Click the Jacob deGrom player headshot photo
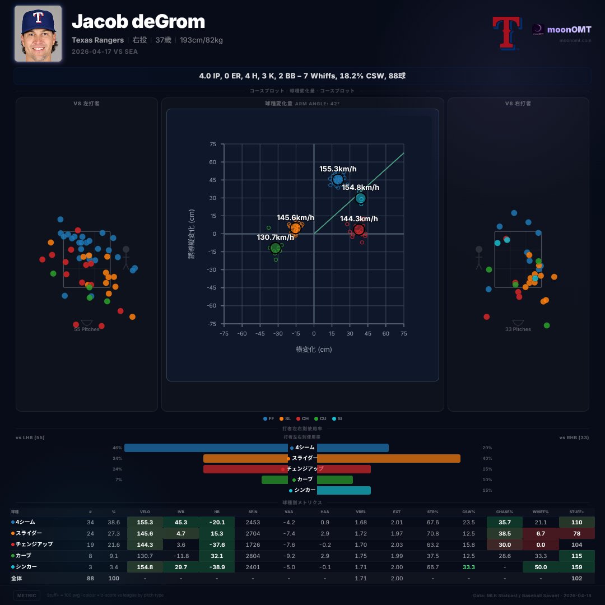(x=38, y=34)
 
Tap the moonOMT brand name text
(x=569, y=29)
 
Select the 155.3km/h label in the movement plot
(x=338, y=169)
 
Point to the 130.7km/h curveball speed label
(x=275, y=237)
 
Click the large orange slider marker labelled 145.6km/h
(x=296, y=228)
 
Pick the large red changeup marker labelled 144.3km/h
(x=359, y=229)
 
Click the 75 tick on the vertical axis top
(x=212, y=144)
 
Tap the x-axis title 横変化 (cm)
(x=314, y=349)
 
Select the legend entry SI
(x=338, y=418)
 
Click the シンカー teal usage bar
(x=343, y=490)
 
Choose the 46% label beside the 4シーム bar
(x=117, y=448)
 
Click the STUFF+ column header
(x=576, y=511)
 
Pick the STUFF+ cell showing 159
(x=576, y=567)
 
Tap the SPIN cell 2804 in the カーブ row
(x=253, y=556)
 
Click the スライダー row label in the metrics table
(x=29, y=533)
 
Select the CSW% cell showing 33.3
(x=468, y=567)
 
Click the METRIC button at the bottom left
(x=27, y=595)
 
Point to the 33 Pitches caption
(x=518, y=329)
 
